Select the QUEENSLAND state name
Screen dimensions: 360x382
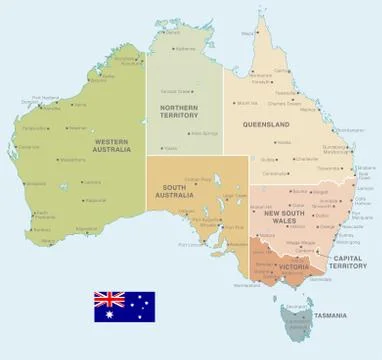(x=266, y=124)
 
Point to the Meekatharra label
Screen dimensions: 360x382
(x=72, y=160)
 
